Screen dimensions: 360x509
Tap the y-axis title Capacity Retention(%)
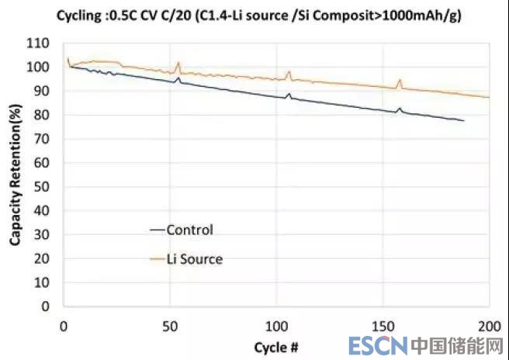pyautogui.click(x=15, y=174)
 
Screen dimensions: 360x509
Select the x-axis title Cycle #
pyautogui.click(x=276, y=346)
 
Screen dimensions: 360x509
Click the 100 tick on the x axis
pyautogui.click(x=276, y=324)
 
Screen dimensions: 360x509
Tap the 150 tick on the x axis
pyautogui.click(x=383, y=324)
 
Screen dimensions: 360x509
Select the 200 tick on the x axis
pyautogui.click(x=490, y=324)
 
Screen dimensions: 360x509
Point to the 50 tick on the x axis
pyautogui.click(x=170, y=324)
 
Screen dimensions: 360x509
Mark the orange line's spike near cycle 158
pyautogui.click(x=400, y=79)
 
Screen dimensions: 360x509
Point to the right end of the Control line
pyautogui.click(x=463, y=120)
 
